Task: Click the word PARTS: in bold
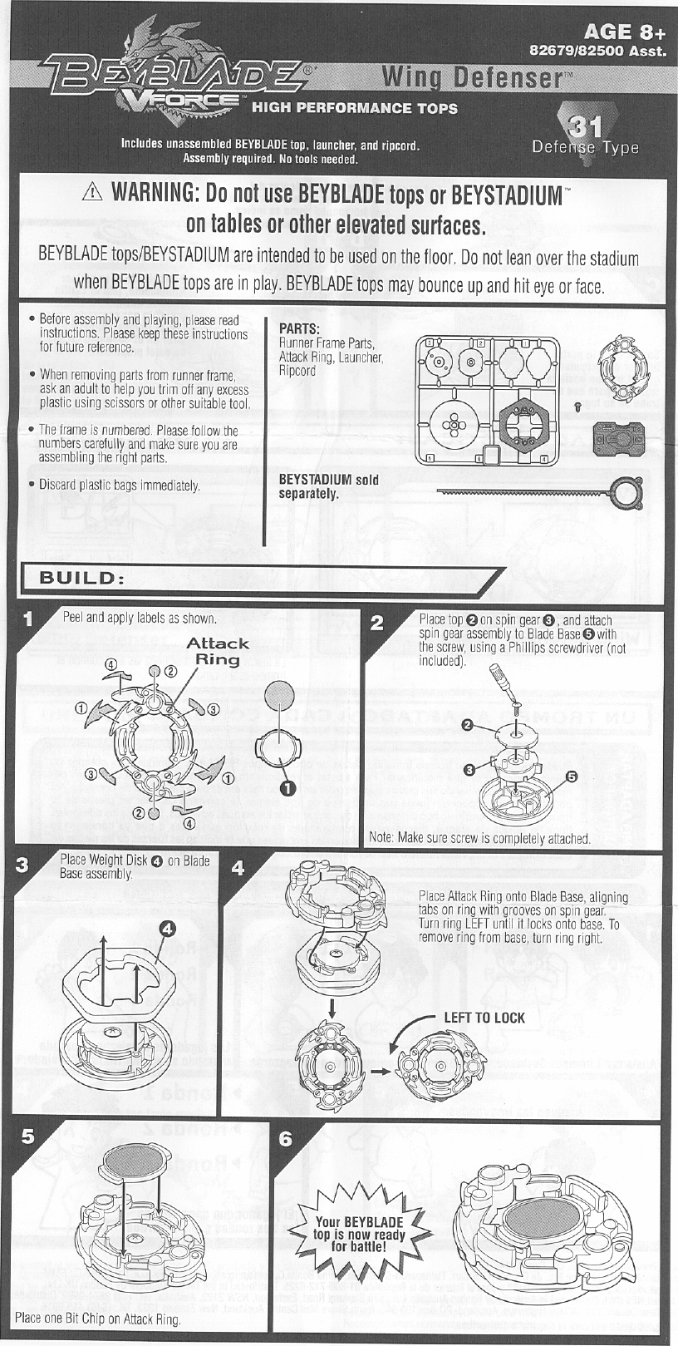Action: coord(300,329)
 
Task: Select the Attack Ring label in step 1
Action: coord(217,651)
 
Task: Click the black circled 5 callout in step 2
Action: coord(572,776)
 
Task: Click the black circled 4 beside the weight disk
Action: coord(167,927)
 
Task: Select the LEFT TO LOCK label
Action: coord(484,1018)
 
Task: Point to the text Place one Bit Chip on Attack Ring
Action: coord(98,1318)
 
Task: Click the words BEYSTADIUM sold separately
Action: coord(328,486)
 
